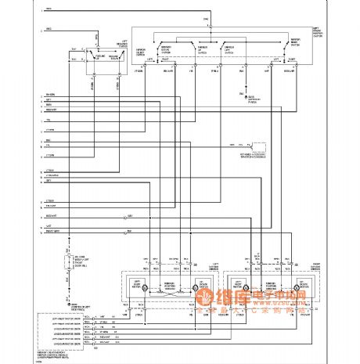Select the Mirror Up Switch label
(202, 49)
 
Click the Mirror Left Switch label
(230, 49)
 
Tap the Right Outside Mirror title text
(316, 266)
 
